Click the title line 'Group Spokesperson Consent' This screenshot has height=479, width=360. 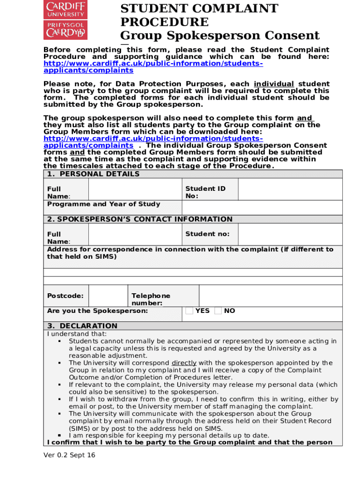(220, 36)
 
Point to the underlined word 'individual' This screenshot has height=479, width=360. (274, 84)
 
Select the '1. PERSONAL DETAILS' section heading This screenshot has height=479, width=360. (94, 174)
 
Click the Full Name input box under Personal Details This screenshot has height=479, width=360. (135, 190)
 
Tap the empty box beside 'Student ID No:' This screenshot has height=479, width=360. (290, 190)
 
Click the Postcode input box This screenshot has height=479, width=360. (108, 296)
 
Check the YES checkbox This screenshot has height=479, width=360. (189, 311)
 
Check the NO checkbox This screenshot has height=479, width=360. (218, 311)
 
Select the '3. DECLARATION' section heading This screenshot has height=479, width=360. (82, 326)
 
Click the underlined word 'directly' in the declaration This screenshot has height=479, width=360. (184, 363)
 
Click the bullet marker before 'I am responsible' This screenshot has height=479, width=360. (60, 435)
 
